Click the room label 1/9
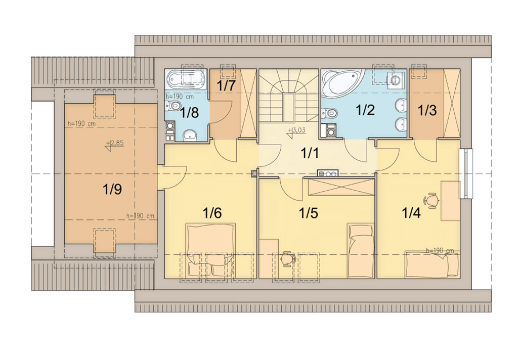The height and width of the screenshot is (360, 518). pos(112,190)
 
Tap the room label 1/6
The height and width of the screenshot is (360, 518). pos(212,213)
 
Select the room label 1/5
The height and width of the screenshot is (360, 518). pos(309,213)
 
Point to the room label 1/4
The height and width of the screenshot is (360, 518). pos(411,213)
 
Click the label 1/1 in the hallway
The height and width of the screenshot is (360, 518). pos(310,153)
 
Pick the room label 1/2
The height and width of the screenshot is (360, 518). pos(365,110)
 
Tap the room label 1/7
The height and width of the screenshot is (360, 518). pos(226,85)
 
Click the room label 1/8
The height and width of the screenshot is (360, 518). pos(190,113)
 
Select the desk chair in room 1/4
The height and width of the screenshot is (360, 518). pos(431,200)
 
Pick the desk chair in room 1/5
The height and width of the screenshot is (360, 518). pos(288,258)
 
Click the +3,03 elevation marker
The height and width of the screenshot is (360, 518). pos(296,131)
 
